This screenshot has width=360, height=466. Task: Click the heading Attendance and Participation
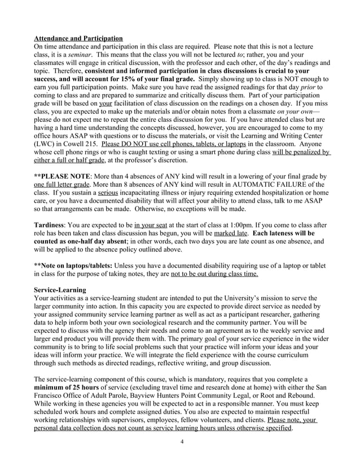coord(78,38)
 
